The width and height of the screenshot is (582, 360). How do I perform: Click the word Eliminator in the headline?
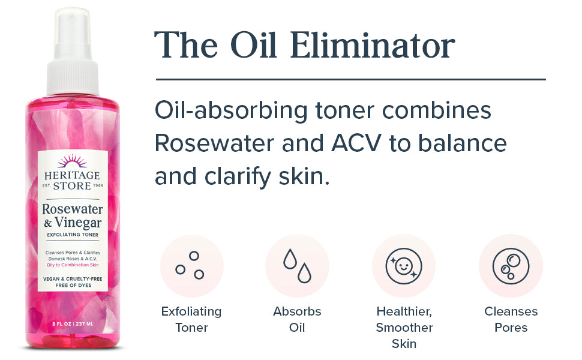[x=372, y=45]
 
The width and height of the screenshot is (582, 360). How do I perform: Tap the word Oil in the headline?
[x=254, y=45]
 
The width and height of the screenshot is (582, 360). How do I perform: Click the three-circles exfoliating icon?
[x=190, y=265]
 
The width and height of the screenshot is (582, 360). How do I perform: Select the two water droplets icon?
[x=297, y=266]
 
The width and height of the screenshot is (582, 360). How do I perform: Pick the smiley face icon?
[x=403, y=266]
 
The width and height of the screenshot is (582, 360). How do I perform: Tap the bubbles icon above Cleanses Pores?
[x=511, y=266]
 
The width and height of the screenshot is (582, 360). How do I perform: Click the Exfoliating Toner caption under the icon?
[x=191, y=319]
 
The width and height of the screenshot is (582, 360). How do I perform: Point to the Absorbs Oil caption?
[x=297, y=319]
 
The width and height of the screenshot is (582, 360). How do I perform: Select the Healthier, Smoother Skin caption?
[x=404, y=328]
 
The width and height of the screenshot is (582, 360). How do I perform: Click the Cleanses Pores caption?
[x=511, y=319]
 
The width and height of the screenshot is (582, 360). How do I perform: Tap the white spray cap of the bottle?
[x=73, y=52]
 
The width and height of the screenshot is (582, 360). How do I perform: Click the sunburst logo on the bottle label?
[x=72, y=161]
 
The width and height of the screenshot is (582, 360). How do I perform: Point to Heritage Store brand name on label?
[x=73, y=181]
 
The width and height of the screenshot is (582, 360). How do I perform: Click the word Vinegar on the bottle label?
[x=78, y=223]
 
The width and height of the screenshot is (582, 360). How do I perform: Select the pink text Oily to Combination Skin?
[x=73, y=265]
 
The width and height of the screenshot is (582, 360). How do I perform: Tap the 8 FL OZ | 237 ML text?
[x=73, y=324]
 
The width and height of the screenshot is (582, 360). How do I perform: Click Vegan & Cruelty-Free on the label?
[x=73, y=279]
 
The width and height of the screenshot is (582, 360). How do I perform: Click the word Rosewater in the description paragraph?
[x=214, y=143]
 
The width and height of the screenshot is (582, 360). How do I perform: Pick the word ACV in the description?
[x=356, y=143]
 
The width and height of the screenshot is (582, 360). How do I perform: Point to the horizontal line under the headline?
[x=351, y=79]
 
